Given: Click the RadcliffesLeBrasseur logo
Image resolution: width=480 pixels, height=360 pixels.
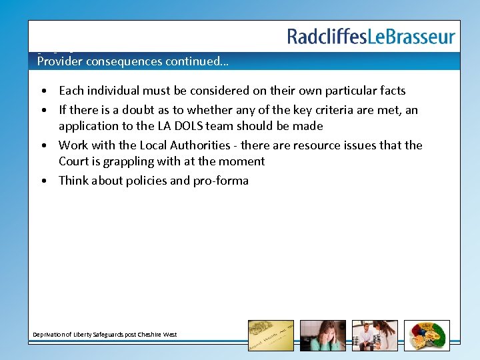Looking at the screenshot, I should (371, 37).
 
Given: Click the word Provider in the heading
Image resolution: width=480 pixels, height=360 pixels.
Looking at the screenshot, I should (58, 61).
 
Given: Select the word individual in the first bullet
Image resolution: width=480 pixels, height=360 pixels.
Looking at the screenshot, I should (113, 91).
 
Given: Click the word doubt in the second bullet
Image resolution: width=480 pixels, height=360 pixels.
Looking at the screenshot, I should (126, 110).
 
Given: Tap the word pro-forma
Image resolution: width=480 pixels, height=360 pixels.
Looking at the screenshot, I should (221, 181).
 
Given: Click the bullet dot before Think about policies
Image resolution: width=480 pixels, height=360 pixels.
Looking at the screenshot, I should (43, 181).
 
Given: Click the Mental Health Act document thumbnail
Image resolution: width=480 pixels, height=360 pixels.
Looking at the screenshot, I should (271, 335).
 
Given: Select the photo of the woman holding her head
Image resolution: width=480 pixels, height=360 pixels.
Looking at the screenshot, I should (323, 335).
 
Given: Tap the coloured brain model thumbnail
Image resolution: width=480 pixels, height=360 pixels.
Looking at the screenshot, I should (427, 335).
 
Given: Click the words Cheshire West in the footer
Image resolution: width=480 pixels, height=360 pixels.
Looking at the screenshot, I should (159, 335).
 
